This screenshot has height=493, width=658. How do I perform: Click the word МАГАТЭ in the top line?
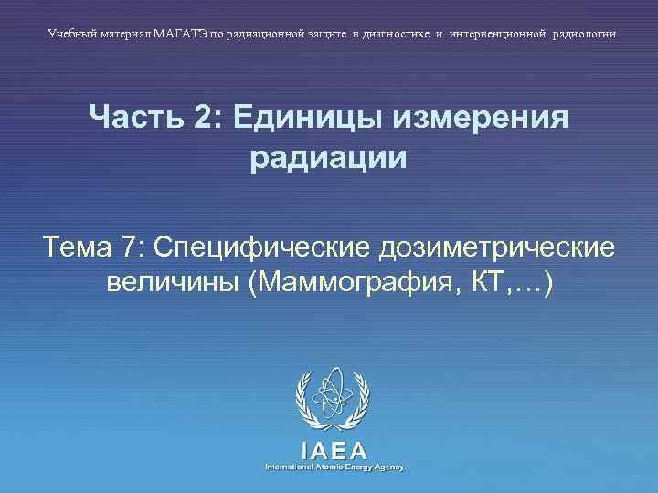pyautogui.click(x=181, y=34)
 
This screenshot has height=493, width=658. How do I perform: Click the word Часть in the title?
pyautogui.click(x=133, y=119)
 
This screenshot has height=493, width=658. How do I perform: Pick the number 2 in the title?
pyautogui.click(x=201, y=119)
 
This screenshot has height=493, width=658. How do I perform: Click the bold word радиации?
pyautogui.click(x=328, y=158)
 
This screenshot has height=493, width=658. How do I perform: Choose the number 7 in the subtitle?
pyautogui.click(x=128, y=246)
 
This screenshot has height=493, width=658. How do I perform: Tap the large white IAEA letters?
pyautogui.click(x=333, y=449)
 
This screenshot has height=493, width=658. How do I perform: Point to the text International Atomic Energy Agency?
pyautogui.click(x=334, y=467)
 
